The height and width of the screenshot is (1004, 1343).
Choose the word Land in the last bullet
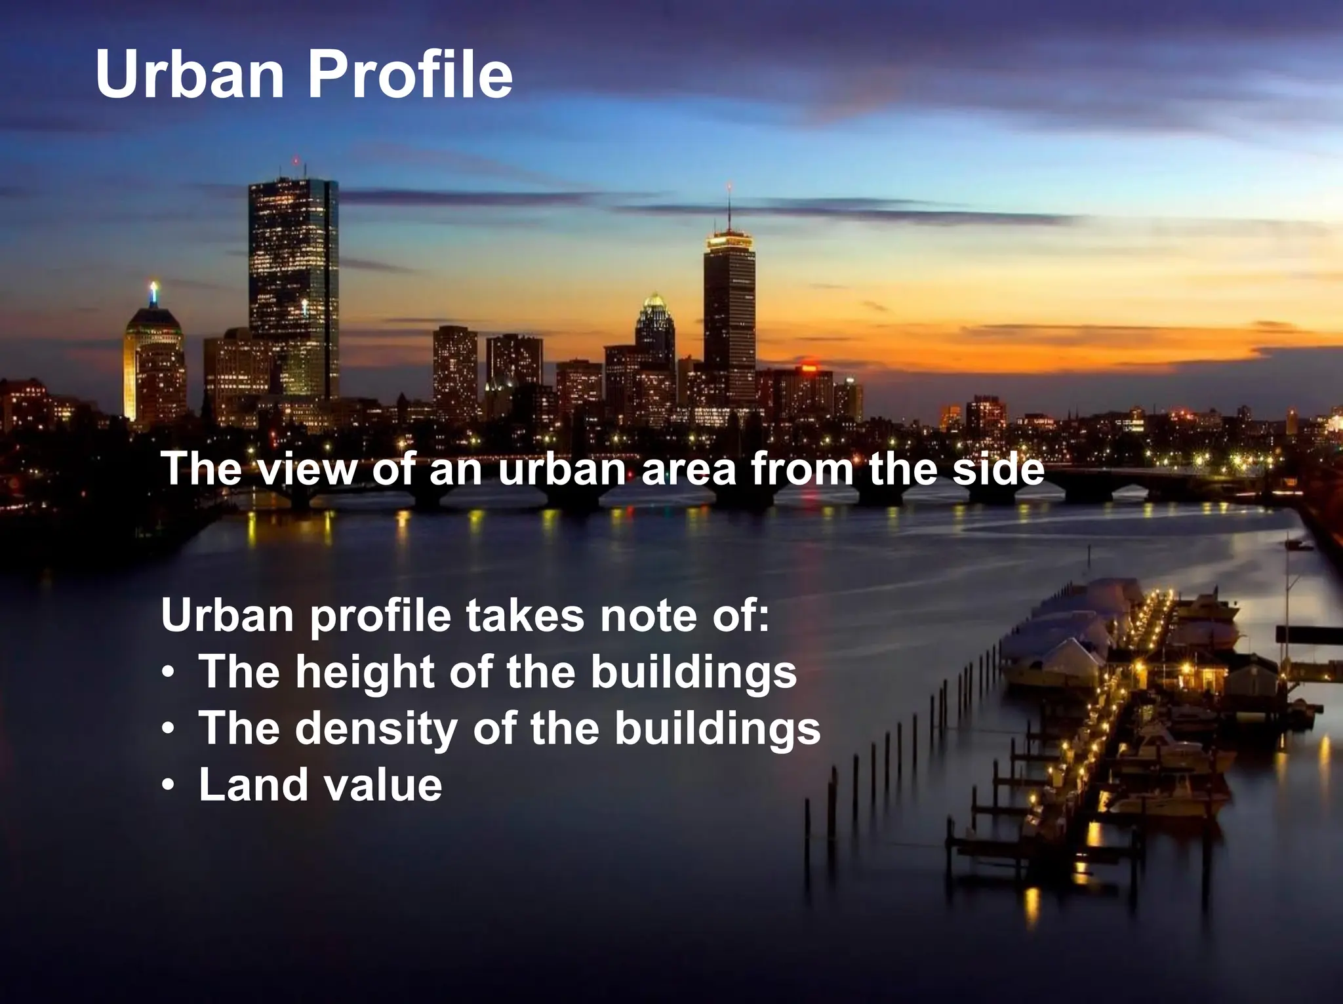click(x=251, y=784)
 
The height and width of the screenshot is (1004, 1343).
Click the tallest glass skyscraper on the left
click(x=293, y=289)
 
